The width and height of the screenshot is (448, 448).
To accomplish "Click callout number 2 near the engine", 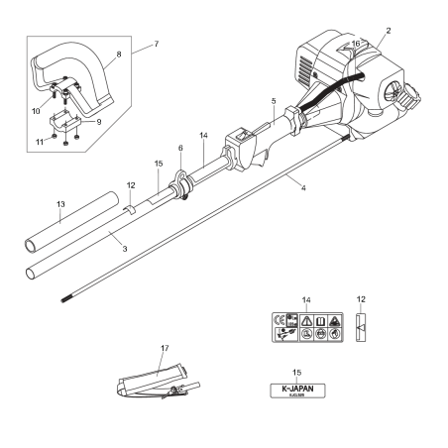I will [x=389, y=32].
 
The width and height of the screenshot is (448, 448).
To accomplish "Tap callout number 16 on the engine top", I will [x=358, y=45].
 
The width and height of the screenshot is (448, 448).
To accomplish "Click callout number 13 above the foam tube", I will [x=58, y=203].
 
